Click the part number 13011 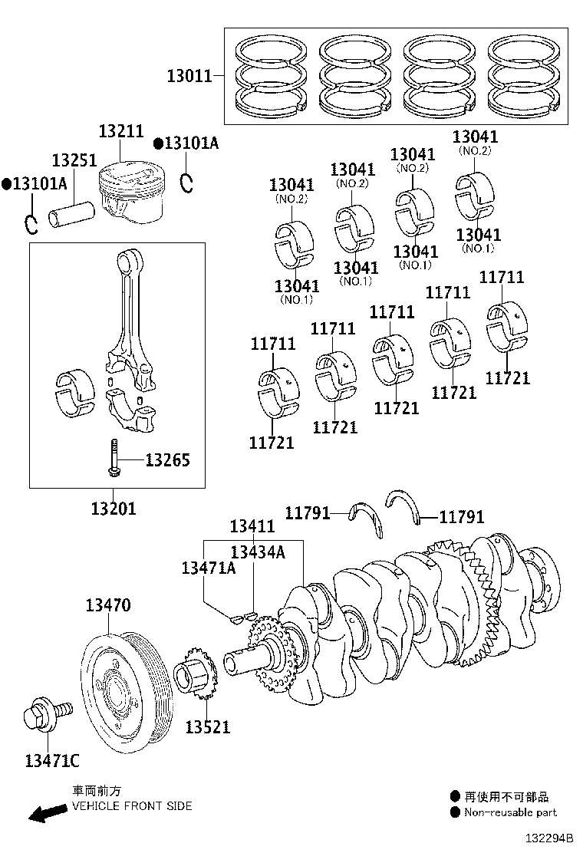coord(189,76)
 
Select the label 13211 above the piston coord(120,131)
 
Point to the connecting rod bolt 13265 coord(114,459)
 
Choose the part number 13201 coord(114,508)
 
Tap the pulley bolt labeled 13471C coord(46,716)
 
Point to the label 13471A coord(208,568)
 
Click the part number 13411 coord(252,525)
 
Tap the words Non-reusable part coord(511,812)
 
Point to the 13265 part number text coord(167,460)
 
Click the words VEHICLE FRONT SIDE coord(132,806)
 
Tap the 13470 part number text coord(107,606)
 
